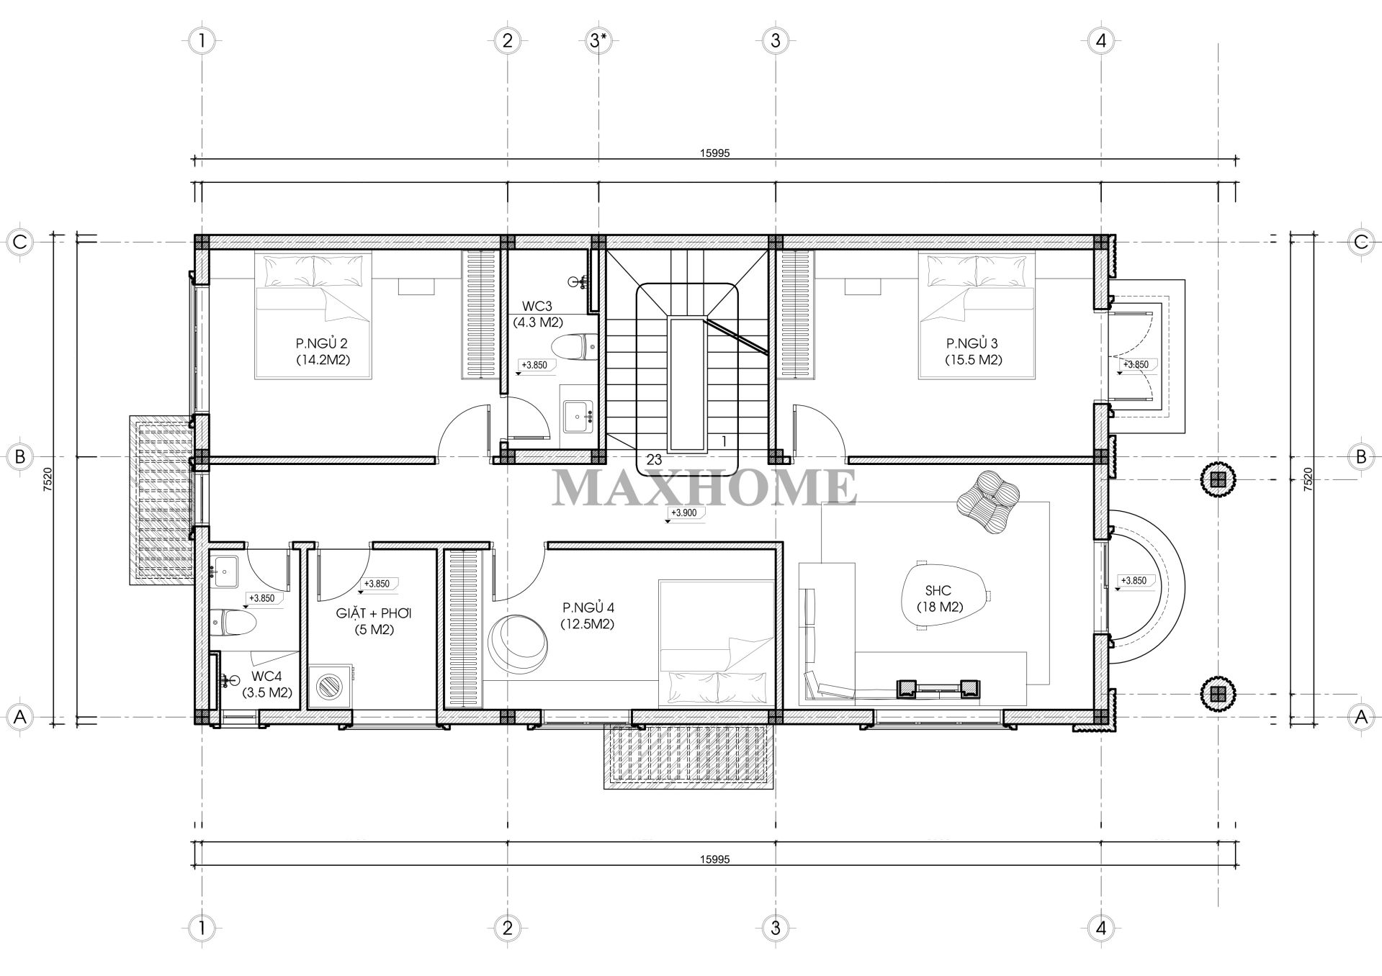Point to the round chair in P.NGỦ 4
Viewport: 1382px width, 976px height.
pos(520,645)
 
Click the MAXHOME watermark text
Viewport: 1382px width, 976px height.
pos(704,487)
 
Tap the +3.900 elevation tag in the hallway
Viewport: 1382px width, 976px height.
pos(683,513)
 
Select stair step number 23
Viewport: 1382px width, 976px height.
pos(654,459)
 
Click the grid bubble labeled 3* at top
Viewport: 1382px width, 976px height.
pos(598,40)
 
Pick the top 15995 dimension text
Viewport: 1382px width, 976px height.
pos(714,153)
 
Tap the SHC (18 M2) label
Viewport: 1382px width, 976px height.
pos(940,598)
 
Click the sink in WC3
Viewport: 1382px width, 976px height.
pos(577,415)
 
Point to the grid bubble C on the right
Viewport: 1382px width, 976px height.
pos(1360,242)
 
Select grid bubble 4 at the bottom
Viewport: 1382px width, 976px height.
pos(1100,928)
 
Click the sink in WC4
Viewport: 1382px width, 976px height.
pos(225,572)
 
